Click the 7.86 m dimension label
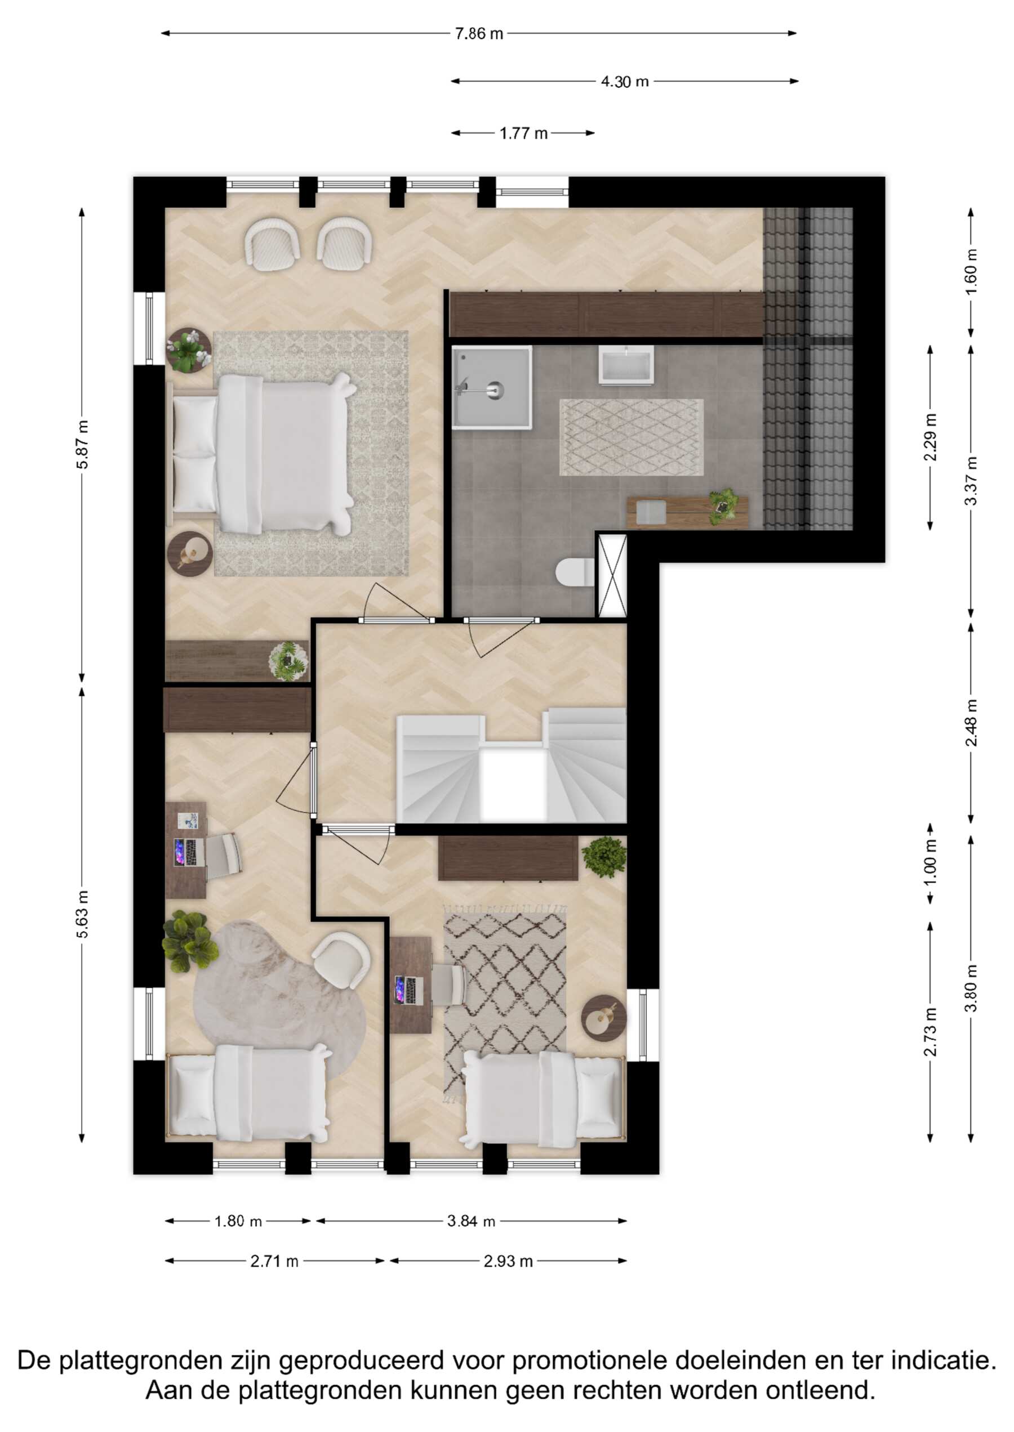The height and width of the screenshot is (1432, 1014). click(x=479, y=34)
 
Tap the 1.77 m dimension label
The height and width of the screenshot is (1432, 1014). click(x=523, y=133)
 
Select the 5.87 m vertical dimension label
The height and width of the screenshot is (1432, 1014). click(x=82, y=444)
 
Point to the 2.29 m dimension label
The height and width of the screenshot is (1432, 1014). click(x=930, y=437)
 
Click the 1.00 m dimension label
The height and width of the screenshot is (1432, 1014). click(x=930, y=863)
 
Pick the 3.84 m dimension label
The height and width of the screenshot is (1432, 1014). click(x=471, y=1221)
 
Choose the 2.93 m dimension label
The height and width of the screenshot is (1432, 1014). click(x=508, y=1261)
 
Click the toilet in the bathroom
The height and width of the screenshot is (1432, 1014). click(x=575, y=572)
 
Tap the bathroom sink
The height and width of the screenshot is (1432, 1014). click(x=626, y=365)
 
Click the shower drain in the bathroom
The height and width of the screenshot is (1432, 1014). click(x=495, y=391)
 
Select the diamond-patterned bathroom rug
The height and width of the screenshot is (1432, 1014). click(x=631, y=437)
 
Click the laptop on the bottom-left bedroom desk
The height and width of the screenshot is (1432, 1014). click(x=189, y=852)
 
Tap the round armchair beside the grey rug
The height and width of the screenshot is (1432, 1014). click(x=341, y=960)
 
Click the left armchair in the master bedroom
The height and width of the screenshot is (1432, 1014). click(x=272, y=244)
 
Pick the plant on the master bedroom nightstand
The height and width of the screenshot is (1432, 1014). click(x=189, y=351)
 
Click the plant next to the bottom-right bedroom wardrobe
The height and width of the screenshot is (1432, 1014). click(x=604, y=857)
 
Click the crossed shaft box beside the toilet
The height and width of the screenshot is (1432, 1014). click(x=612, y=575)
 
